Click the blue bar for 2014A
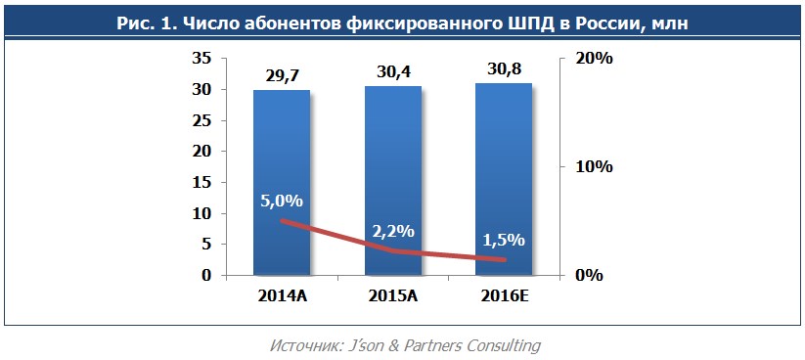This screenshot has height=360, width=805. (282, 147)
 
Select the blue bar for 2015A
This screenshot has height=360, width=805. (392, 147)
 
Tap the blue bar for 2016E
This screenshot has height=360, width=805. (504, 147)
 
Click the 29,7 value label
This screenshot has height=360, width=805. (282, 75)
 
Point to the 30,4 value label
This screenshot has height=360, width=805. (392, 72)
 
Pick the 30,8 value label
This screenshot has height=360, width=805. (504, 70)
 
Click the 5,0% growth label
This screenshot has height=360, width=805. (282, 201)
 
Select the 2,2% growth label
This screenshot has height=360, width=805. (393, 231)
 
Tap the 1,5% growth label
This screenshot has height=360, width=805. (504, 240)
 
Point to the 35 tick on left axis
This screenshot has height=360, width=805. (201, 59)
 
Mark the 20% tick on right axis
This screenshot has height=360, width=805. (594, 59)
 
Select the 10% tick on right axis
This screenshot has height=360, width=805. (594, 167)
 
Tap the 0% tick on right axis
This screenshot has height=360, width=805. (589, 276)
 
